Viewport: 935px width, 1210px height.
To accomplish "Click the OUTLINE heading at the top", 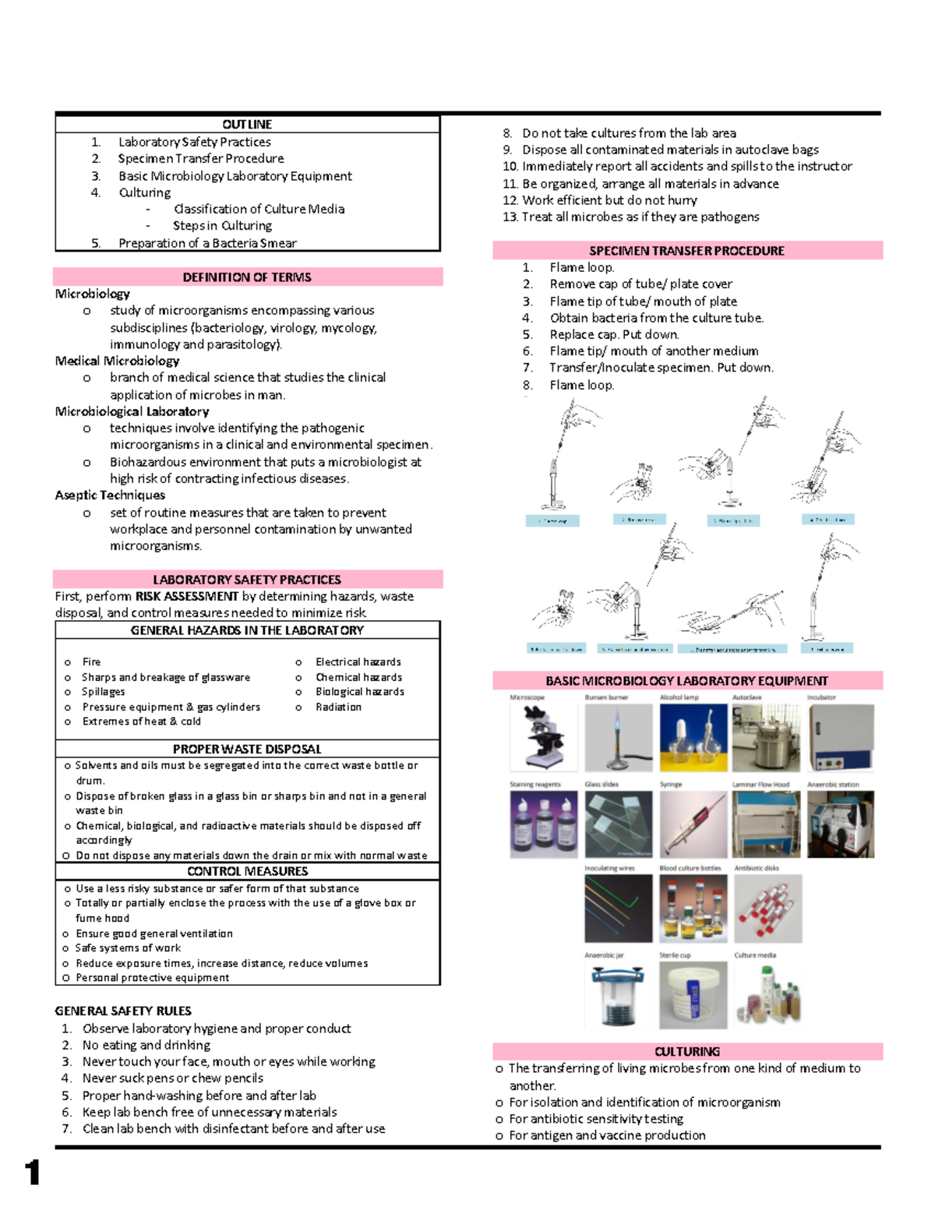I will click(x=247, y=125).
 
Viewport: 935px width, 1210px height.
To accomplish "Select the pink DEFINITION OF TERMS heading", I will click(x=247, y=277).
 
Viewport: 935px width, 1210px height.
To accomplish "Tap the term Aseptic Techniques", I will click(x=110, y=495).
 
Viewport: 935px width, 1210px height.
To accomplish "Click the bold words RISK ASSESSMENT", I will click(x=186, y=596).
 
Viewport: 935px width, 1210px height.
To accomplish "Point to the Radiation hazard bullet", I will click(x=338, y=707).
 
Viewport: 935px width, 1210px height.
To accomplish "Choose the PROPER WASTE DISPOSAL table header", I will click(x=247, y=749).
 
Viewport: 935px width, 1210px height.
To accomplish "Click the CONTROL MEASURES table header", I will click(x=247, y=871).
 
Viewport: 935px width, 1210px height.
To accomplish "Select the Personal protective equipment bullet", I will click(x=152, y=978).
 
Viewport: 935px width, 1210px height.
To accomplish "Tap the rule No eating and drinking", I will click(x=146, y=1045).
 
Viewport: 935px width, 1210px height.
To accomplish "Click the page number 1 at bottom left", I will click(x=32, y=1172).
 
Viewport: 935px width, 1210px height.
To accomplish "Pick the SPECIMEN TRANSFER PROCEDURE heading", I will click(x=686, y=251).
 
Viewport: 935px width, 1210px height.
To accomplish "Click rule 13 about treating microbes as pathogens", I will click(x=640, y=217).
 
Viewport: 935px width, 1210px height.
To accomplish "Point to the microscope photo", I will click(x=543, y=737).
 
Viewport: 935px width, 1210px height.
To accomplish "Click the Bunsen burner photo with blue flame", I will click(x=618, y=737).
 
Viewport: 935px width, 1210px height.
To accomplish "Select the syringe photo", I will click(x=693, y=824).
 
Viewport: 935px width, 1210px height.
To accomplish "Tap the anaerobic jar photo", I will click(x=618, y=995).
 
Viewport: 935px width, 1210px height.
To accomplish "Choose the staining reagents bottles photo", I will click(x=543, y=824).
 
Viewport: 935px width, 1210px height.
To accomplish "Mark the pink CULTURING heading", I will click(x=686, y=1051).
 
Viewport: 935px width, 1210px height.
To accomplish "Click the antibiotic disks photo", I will click(x=767, y=908).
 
